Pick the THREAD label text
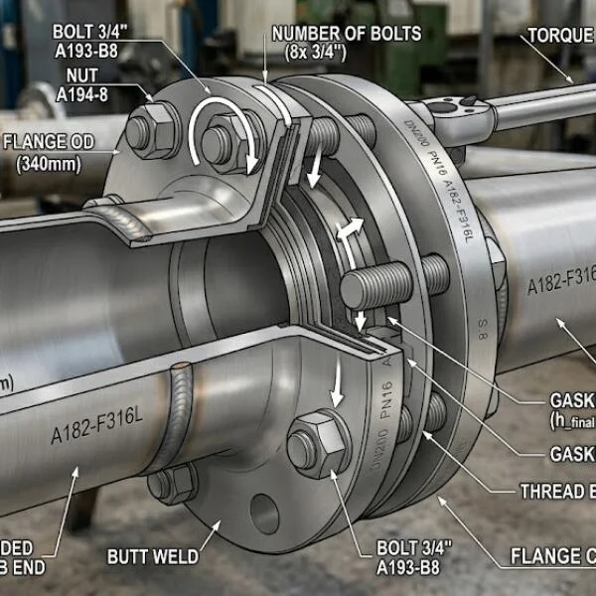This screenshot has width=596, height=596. point(557,492)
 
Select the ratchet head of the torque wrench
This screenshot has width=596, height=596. point(462,118)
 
